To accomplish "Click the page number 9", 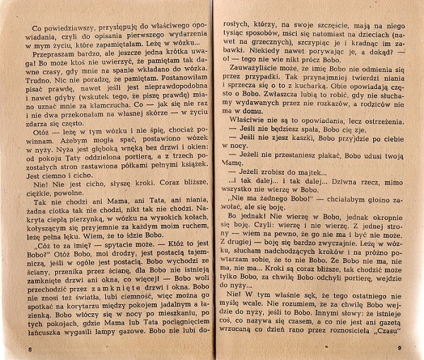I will click(x=399, y=346).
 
